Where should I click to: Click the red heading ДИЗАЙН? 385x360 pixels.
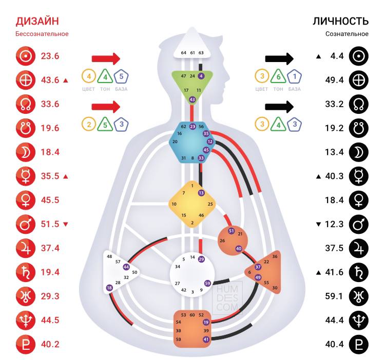37,21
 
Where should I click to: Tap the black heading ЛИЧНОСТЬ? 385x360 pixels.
341,21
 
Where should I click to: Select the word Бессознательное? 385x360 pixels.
42,34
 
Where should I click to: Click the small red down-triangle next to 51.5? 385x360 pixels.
65,224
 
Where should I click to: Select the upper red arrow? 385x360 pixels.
106,57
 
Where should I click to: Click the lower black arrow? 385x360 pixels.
279,107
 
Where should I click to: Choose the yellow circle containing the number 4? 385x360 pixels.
89,76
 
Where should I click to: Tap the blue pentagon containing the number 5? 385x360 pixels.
121,76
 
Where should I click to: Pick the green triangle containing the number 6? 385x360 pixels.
278,76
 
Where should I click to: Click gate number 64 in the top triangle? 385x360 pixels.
183,53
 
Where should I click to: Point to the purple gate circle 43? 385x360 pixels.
192,99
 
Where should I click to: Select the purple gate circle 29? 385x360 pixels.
201,259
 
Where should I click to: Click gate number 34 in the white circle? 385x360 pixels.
178,267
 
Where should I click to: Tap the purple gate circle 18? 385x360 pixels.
109,288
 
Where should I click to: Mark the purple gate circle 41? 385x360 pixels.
206,339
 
